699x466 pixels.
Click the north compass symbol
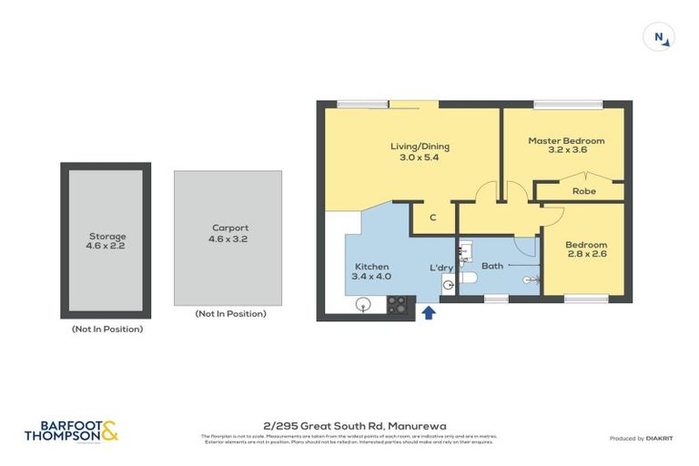click(x=658, y=37)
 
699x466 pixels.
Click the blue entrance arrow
click(x=428, y=313)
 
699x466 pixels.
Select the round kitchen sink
click(x=363, y=304)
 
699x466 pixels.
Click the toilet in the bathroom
click(x=467, y=277)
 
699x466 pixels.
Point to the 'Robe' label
click(x=583, y=191)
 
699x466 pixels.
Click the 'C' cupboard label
click(x=433, y=217)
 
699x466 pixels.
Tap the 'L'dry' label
click(x=442, y=268)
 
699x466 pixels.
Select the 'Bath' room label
click(x=492, y=266)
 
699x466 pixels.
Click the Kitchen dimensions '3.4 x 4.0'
click(x=372, y=277)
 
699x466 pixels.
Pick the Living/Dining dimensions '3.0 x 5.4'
click(x=420, y=157)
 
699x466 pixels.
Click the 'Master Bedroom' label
click(x=566, y=140)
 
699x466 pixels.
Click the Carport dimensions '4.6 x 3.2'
click(x=228, y=239)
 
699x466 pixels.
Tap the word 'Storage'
click(x=106, y=237)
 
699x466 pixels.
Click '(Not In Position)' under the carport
click(x=230, y=314)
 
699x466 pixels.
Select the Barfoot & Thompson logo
click(x=71, y=431)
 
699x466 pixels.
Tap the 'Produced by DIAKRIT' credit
click(x=642, y=439)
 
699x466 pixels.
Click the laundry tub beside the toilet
click(x=448, y=286)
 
